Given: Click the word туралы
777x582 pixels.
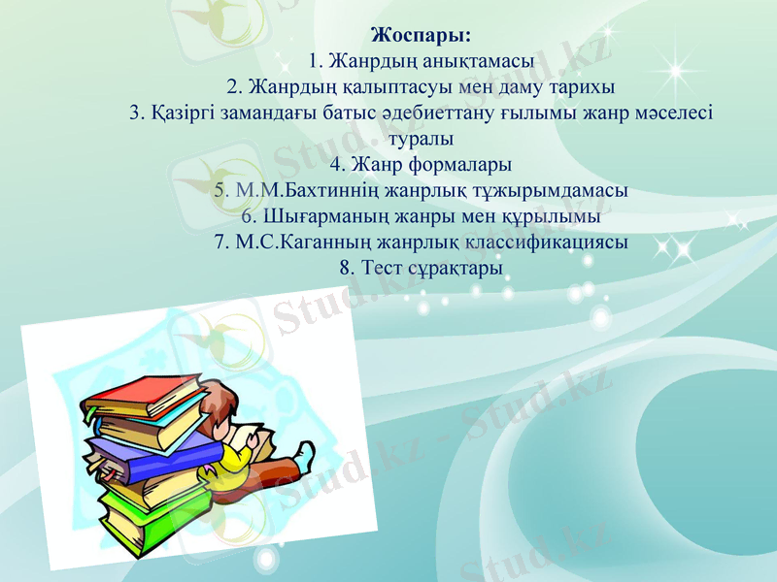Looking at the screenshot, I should (421, 139).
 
